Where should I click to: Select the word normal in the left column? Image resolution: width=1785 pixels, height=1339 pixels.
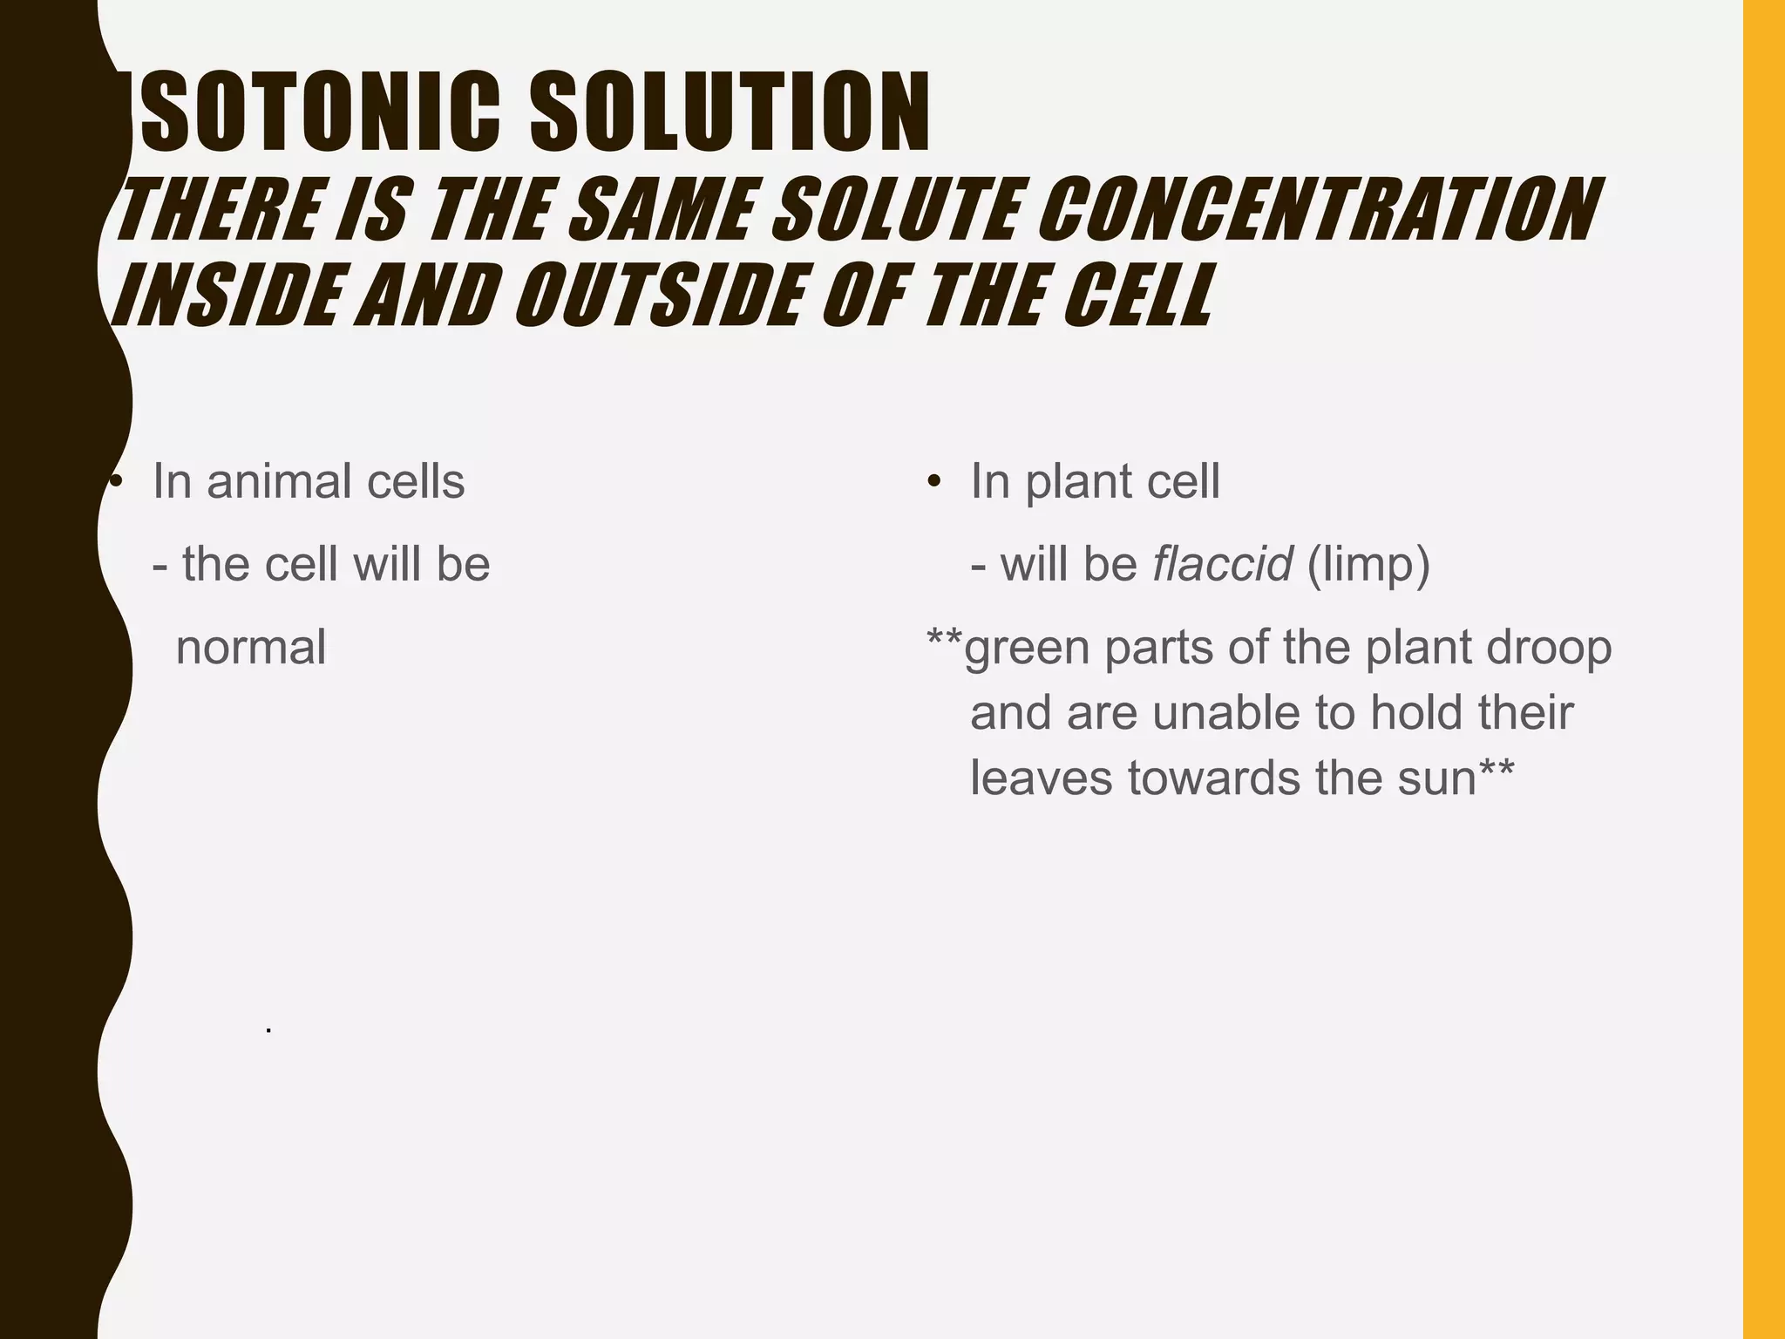tap(251, 648)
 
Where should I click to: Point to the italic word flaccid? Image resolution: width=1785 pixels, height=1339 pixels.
tap(1222, 565)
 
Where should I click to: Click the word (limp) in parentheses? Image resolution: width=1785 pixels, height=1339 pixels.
tap(1368, 565)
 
